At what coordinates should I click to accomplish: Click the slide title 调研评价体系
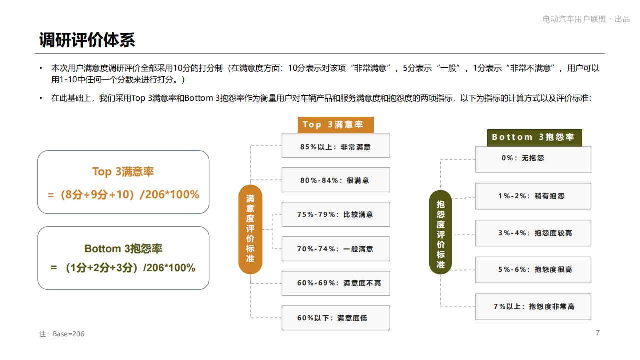87,40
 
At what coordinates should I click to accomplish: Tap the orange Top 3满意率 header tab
335,125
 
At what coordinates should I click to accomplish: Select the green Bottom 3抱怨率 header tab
534,137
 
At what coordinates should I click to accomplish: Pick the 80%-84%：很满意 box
336,180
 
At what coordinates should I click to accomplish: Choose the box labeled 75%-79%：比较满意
336,214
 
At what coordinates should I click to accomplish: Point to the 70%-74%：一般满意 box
336,249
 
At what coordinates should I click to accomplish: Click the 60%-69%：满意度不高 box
336,283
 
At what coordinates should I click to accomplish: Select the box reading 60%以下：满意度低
336,318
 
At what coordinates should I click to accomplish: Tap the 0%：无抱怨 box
533,159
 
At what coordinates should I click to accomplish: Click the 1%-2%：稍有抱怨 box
533,196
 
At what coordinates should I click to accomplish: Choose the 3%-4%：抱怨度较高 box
533,233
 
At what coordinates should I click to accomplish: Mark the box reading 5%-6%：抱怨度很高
533,270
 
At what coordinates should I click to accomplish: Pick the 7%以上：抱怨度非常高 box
533,307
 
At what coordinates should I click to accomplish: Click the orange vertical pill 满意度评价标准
250,229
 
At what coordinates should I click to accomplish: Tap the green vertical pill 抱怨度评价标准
441,232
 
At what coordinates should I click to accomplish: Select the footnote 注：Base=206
61,334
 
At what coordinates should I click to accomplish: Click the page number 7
597,333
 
